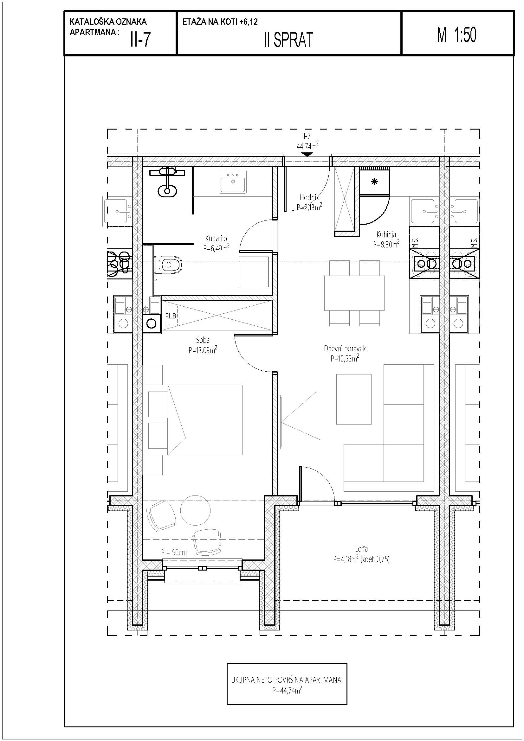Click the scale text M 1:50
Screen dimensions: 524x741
456,35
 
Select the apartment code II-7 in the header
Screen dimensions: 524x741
140,40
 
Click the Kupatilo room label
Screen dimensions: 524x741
216,238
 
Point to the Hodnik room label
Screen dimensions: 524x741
309,197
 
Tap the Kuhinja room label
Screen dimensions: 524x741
386,235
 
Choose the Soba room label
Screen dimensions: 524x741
203,340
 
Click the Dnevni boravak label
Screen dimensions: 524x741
345,348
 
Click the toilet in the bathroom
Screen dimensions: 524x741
168,265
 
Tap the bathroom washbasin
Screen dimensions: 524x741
232,182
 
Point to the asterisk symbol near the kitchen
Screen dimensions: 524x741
374,182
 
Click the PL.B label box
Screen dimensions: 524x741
171,316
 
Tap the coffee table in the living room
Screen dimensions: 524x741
353,399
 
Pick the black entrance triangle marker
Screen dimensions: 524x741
307,154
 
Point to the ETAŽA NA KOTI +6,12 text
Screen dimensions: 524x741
220,22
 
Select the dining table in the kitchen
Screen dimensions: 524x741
354,293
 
